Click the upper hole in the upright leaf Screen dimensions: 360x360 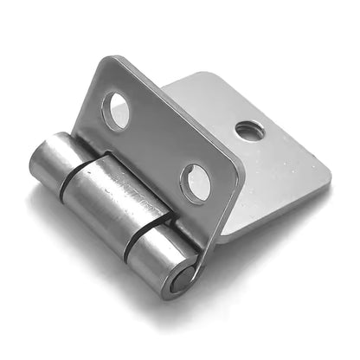coord(116,110)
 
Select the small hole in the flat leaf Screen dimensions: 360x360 coord(249,131)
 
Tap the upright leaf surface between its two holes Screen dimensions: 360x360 coord(156,143)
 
